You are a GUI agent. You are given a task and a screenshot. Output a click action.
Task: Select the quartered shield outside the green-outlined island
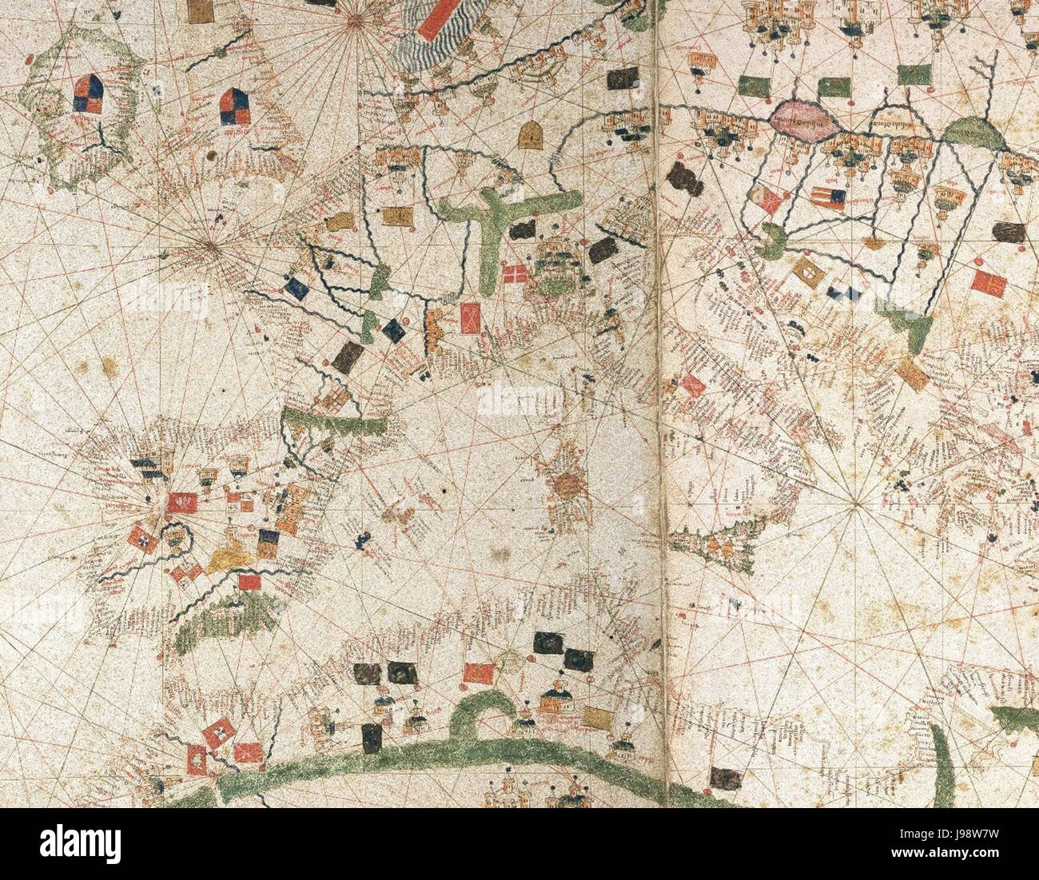(236, 106)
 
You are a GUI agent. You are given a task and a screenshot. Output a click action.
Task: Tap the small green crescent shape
(770, 241)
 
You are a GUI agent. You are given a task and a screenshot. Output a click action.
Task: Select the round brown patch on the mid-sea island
(568, 484)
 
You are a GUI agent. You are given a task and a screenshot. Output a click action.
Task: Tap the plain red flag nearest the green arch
(478, 674)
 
